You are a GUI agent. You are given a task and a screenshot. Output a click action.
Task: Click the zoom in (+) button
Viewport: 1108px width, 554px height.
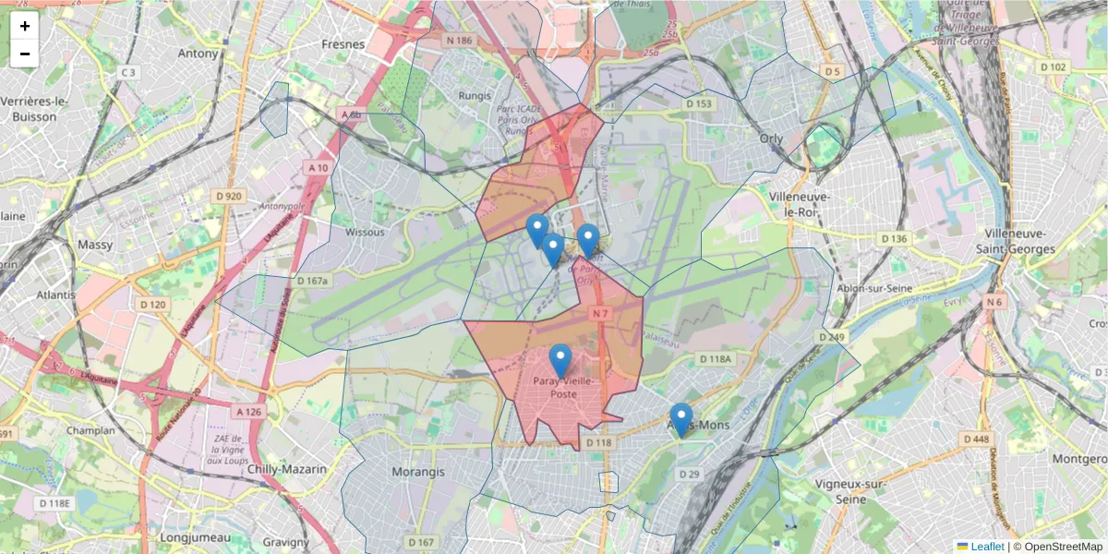(25, 26)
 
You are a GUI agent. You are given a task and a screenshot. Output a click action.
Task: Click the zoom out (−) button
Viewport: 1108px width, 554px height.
(25, 54)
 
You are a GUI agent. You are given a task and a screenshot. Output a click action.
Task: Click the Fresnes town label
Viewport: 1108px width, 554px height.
(343, 43)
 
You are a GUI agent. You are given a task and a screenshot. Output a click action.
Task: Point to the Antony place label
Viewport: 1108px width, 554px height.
(199, 53)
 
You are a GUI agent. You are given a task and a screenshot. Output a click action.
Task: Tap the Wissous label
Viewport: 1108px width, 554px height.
(365, 232)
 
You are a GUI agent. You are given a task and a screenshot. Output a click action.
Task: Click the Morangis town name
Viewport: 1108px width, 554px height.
(418, 471)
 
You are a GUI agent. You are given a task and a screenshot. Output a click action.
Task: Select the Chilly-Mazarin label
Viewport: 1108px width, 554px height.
(287, 469)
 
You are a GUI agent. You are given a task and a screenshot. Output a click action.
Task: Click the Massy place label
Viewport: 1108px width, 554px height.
(96, 245)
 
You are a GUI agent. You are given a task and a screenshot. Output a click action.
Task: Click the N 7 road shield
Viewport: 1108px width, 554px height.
(601, 314)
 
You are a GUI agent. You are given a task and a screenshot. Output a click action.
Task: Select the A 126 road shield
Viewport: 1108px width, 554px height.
(248, 412)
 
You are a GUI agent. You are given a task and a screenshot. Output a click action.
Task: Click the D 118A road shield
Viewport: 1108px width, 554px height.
(715, 358)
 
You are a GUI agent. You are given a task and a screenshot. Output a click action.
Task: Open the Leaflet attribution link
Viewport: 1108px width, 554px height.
(987, 547)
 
